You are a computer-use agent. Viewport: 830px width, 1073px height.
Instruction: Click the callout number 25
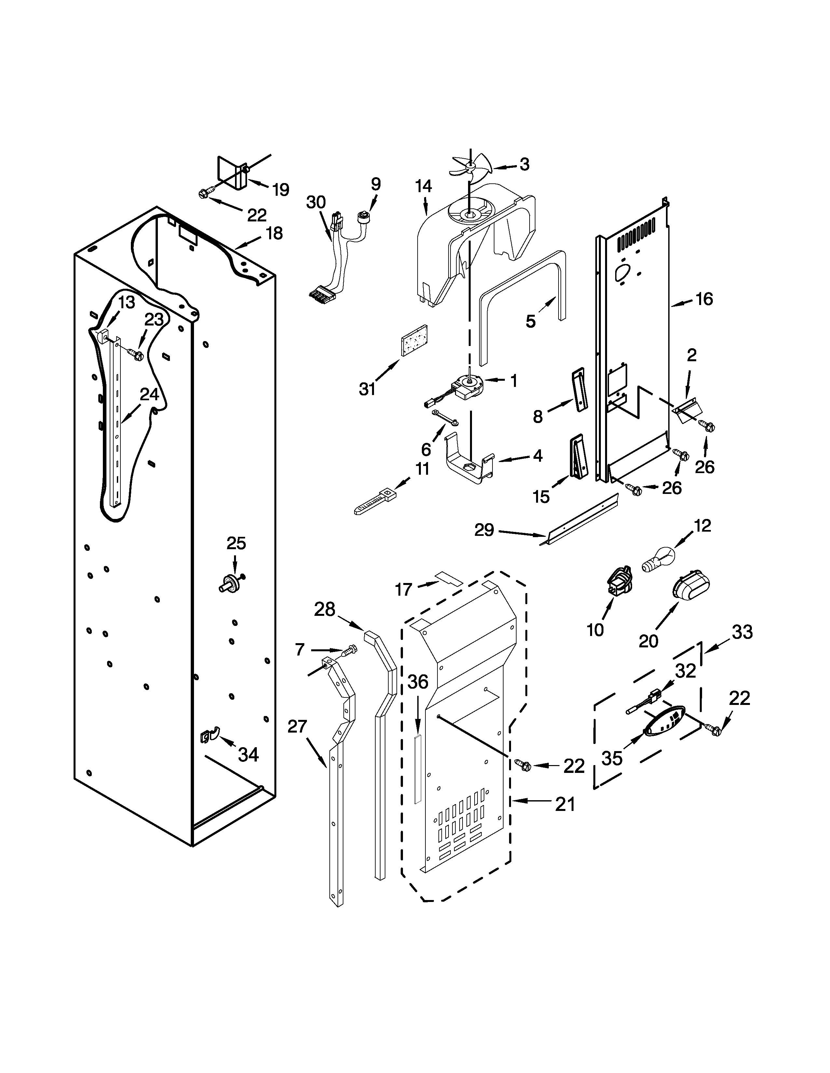pos(236,543)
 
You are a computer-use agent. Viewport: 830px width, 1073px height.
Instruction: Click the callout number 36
pos(418,682)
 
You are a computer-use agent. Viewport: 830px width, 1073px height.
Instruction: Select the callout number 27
pos(297,726)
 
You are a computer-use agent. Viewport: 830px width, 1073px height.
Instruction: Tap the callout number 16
pos(704,299)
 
